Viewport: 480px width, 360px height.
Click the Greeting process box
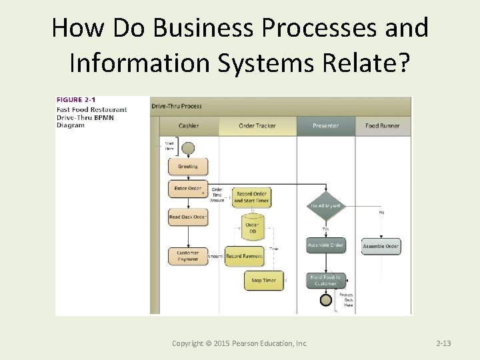(x=188, y=167)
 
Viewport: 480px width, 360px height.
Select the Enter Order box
(x=188, y=189)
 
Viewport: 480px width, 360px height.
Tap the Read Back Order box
(x=188, y=217)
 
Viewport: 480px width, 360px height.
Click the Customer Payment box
(x=188, y=256)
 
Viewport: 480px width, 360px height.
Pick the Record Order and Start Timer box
(x=252, y=197)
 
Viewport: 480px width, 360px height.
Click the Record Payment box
(x=244, y=256)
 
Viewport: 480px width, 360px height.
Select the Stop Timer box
(x=263, y=281)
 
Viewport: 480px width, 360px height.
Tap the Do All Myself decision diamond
(x=325, y=207)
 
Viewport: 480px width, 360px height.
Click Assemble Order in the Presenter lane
(x=325, y=245)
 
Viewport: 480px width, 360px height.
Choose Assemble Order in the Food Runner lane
(x=381, y=246)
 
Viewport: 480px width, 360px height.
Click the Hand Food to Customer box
(x=325, y=280)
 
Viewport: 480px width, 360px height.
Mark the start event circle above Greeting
(x=188, y=147)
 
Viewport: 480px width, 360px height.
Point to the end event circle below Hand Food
(x=325, y=300)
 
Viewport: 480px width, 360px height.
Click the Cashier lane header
(x=189, y=125)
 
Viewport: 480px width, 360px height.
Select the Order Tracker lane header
(x=257, y=125)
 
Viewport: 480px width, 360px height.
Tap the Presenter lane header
(x=325, y=125)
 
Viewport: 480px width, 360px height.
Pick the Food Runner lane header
(x=383, y=125)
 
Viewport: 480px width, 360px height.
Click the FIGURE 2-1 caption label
(x=75, y=101)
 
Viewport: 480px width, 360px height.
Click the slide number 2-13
(x=443, y=343)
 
